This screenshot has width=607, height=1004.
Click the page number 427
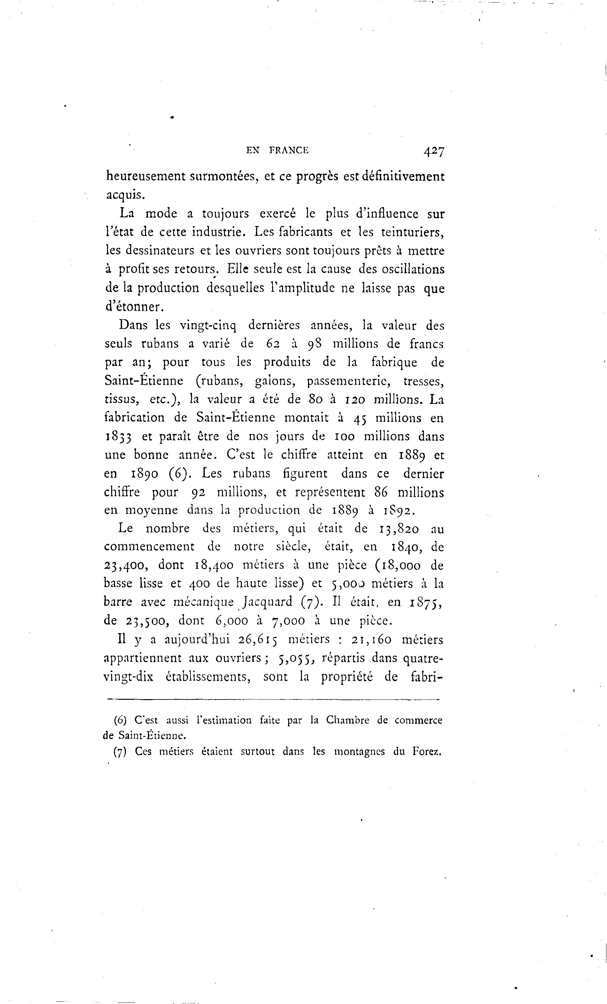point(434,151)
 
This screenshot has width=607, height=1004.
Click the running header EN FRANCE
point(277,151)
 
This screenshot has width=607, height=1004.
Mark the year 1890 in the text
point(145,474)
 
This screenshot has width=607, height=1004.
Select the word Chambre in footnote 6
point(348,720)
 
